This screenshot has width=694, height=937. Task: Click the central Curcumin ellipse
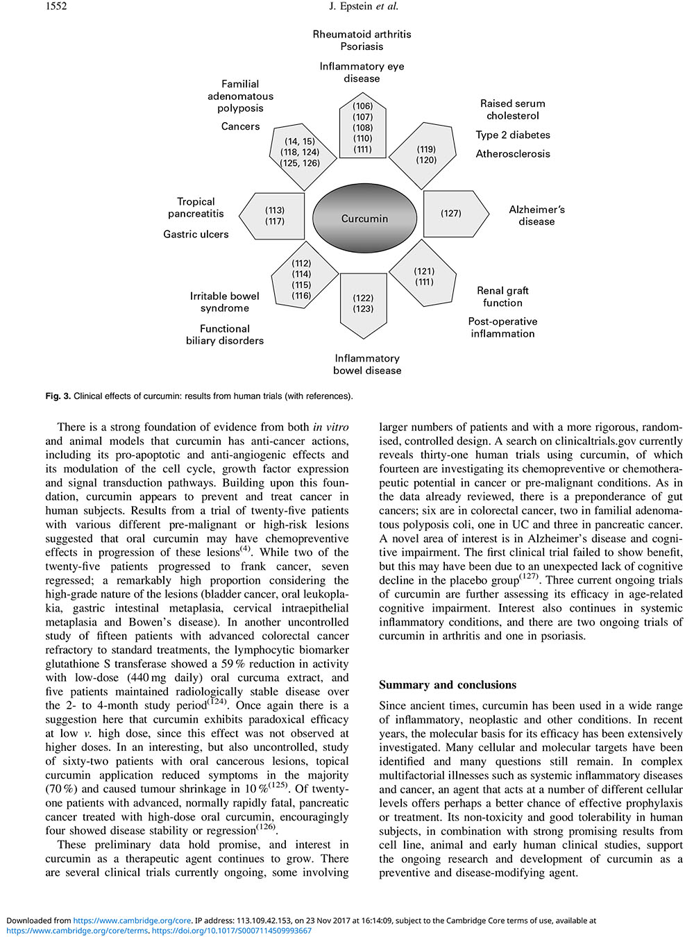(x=364, y=219)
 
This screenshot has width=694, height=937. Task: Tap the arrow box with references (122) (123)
(x=363, y=304)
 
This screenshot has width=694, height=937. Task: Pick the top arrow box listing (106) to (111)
(x=362, y=127)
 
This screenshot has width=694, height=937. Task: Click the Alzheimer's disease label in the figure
(x=536, y=215)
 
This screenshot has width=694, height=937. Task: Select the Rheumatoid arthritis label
(x=362, y=34)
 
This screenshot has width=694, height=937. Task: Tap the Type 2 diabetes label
(x=513, y=135)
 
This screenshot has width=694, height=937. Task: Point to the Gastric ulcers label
(x=196, y=235)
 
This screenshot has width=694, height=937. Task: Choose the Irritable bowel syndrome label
(x=225, y=302)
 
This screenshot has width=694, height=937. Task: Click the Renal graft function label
(x=502, y=296)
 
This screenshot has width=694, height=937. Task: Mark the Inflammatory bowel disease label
(x=367, y=364)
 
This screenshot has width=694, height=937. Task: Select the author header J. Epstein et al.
(x=364, y=6)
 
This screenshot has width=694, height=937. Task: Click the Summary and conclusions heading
(x=448, y=685)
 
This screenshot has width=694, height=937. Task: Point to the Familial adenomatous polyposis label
(x=240, y=96)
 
